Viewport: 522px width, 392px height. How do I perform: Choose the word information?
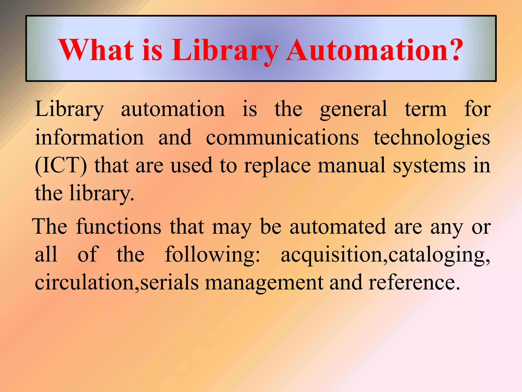tap(89, 137)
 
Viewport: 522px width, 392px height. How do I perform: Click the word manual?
tap(352, 165)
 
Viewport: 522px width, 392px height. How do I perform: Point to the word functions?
tap(119, 227)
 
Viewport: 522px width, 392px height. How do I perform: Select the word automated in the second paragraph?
tap(338, 227)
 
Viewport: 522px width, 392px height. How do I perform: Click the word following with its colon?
tap(213, 255)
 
